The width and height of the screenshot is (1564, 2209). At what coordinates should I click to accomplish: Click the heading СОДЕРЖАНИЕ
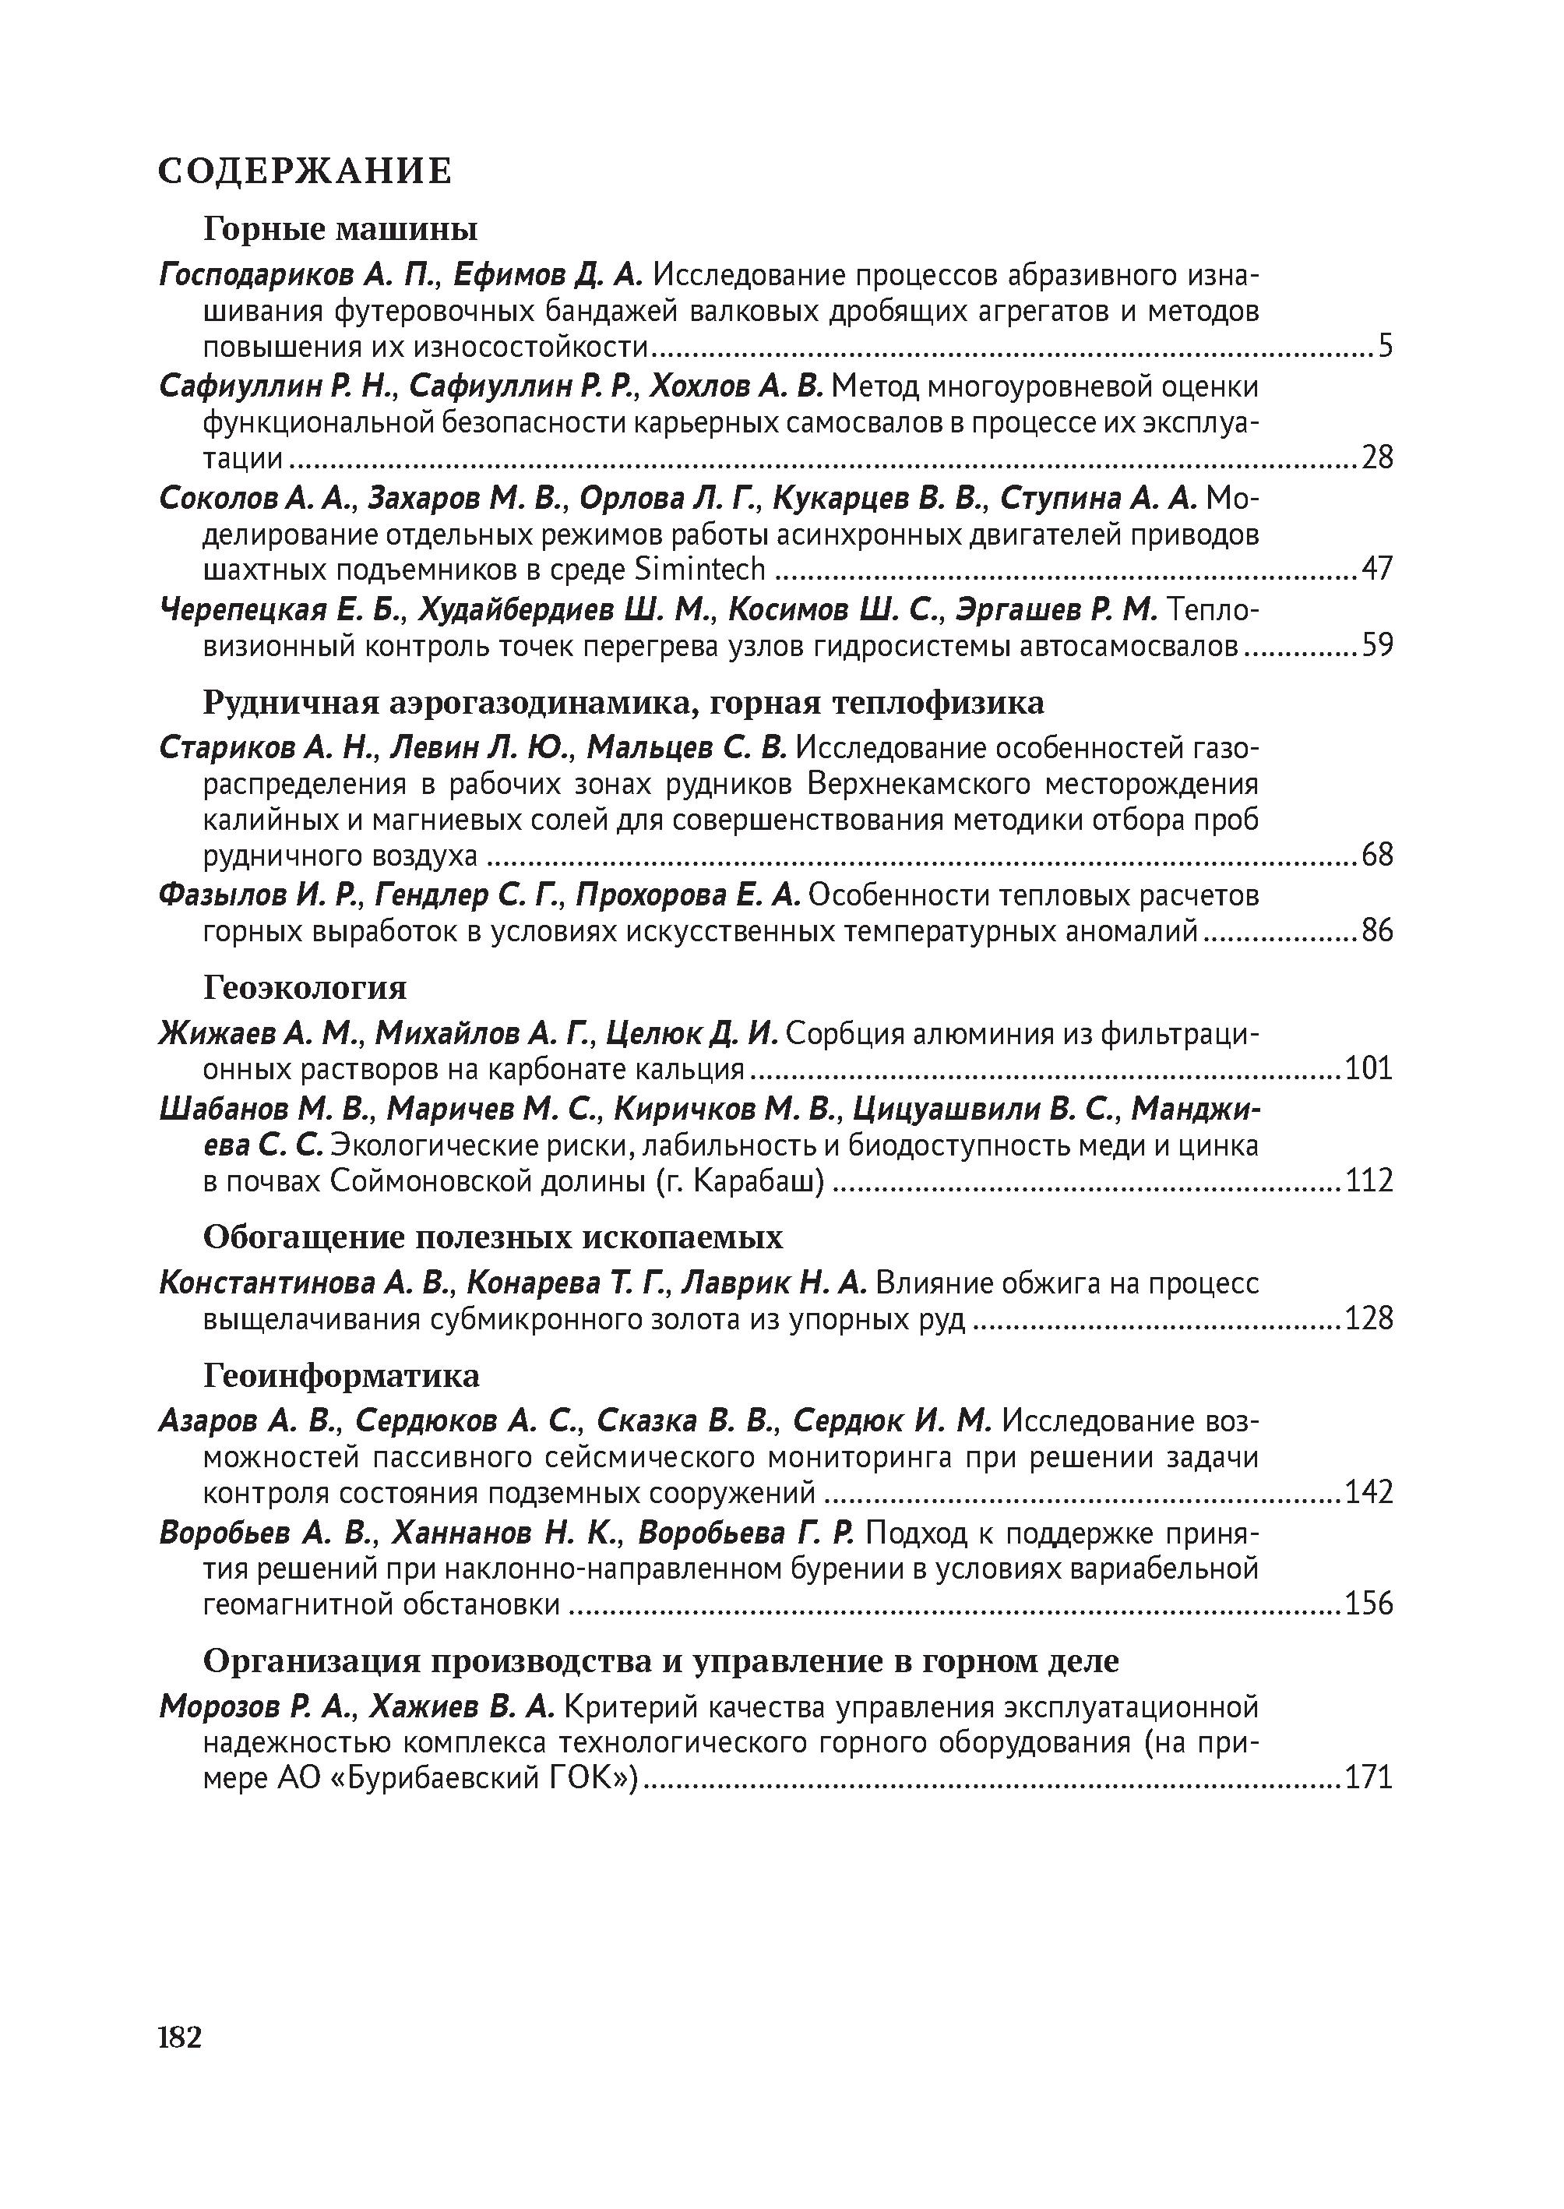(x=305, y=171)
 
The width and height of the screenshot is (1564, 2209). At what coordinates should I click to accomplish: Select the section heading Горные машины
(x=341, y=229)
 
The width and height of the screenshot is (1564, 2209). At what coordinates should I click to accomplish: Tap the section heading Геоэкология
(x=305, y=987)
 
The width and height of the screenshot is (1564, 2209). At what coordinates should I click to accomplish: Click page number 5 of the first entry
(x=1385, y=346)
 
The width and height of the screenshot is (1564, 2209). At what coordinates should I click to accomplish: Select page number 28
(x=1377, y=457)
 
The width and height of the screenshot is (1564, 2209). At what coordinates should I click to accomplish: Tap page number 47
(x=1377, y=568)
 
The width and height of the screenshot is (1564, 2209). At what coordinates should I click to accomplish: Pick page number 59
(x=1377, y=644)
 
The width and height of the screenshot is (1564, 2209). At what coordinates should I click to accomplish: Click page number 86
(x=1377, y=930)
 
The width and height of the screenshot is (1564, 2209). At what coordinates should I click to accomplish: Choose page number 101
(x=1368, y=1068)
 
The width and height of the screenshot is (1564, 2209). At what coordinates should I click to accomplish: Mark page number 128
(x=1368, y=1318)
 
